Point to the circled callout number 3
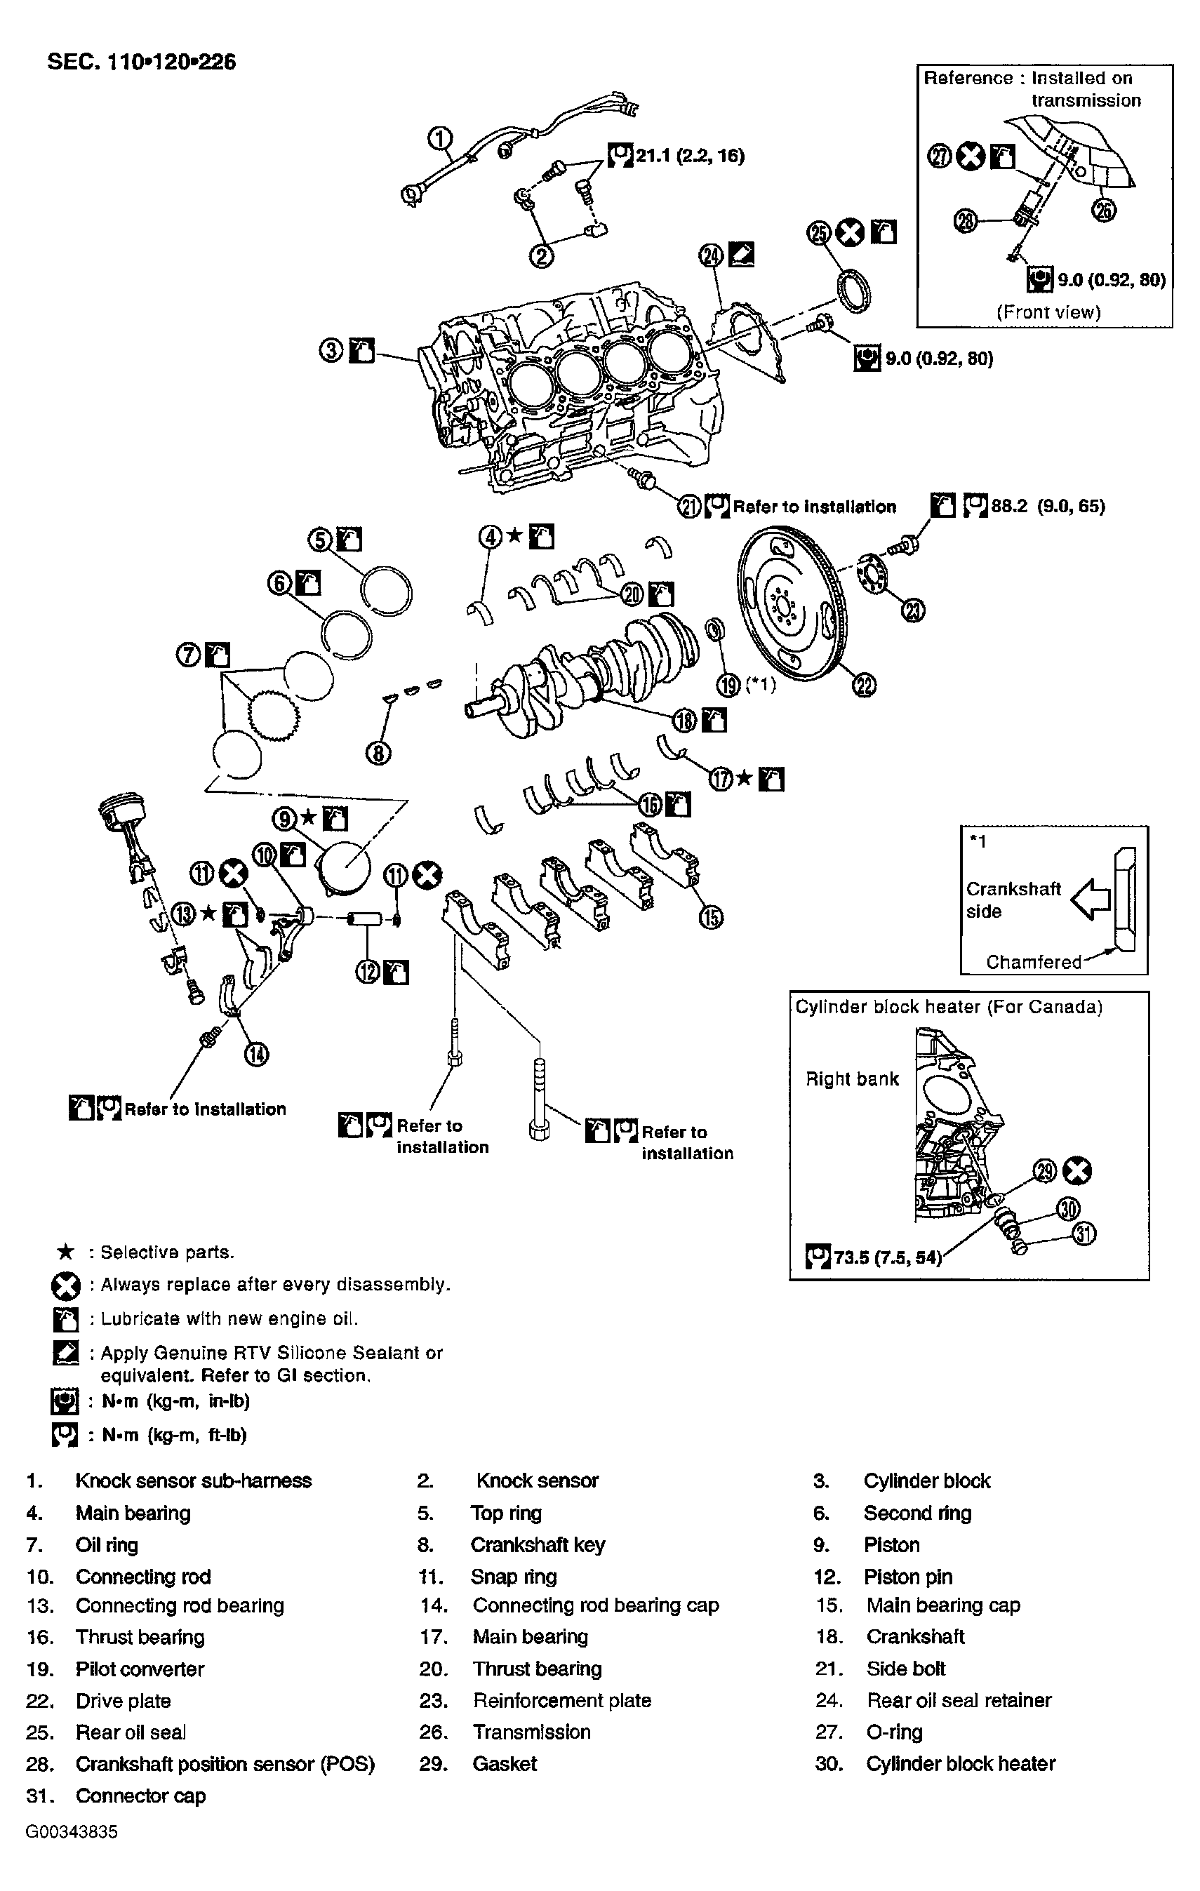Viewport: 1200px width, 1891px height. (331, 350)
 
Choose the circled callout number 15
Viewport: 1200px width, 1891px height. (711, 916)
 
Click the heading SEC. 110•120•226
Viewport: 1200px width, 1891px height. (141, 62)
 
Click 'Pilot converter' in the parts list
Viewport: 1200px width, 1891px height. (140, 1669)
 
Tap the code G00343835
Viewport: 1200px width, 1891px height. (72, 1832)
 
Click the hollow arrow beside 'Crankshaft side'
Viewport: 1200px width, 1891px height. (1092, 898)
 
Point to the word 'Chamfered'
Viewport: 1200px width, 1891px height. (1033, 962)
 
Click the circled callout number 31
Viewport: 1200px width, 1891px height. (1084, 1234)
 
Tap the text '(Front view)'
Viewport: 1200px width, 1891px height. (1048, 312)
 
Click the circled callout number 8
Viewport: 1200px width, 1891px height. (378, 754)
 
